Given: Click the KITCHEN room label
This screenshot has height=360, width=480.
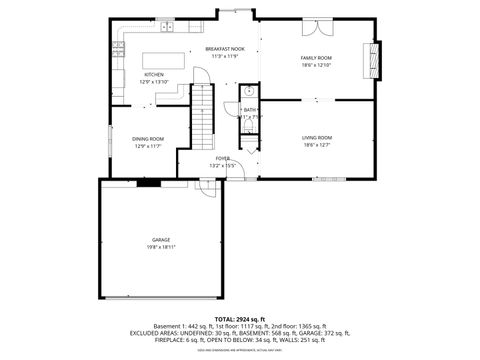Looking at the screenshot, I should [x=154, y=75].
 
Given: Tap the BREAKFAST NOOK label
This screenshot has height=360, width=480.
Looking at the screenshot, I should [x=225, y=49].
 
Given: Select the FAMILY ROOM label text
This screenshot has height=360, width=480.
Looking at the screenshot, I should [x=316, y=58].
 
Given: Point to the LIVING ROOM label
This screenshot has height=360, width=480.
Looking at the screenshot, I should [x=317, y=137].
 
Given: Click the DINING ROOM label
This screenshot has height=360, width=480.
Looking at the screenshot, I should [x=148, y=139].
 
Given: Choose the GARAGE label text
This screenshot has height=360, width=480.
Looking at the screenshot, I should [x=160, y=240].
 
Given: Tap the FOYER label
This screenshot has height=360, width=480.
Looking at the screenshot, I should [x=222, y=158].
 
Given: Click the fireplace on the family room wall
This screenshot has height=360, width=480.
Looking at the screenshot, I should [x=375, y=59].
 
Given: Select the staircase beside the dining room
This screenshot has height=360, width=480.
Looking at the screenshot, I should [x=204, y=116].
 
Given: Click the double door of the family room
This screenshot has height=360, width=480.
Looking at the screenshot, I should [x=317, y=98].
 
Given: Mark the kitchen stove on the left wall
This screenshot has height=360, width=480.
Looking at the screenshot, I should [x=119, y=72].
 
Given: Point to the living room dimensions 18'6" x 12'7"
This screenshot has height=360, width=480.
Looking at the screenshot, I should [x=317, y=144].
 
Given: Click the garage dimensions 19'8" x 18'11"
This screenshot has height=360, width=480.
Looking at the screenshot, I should [x=160, y=247].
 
